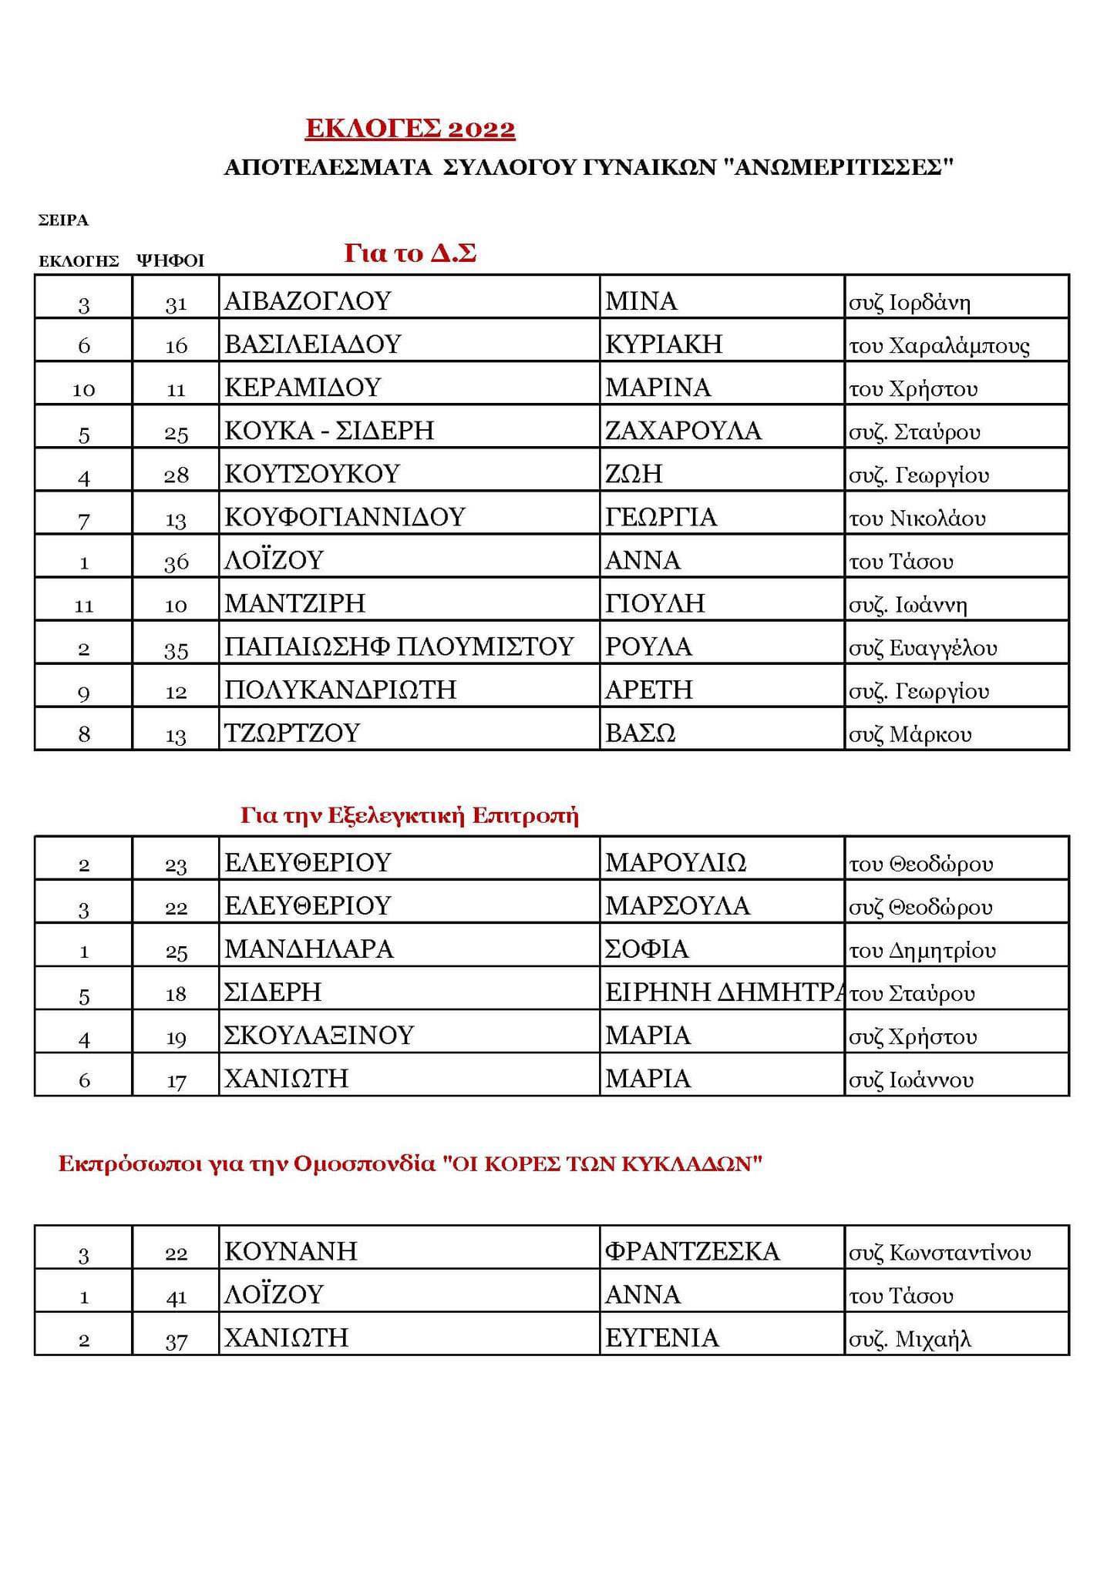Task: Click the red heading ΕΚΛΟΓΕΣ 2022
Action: point(410,129)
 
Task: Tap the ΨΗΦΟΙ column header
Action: point(170,260)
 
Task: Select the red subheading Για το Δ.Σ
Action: point(409,253)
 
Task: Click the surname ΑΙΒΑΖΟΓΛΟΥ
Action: point(308,300)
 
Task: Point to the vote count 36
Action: point(176,562)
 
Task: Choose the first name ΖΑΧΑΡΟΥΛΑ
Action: point(683,430)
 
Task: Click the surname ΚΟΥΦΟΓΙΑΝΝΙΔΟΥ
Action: point(345,516)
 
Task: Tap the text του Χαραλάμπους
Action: point(939,345)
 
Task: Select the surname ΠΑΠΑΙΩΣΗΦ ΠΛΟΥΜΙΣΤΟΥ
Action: point(399,646)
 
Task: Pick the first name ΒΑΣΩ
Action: point(640,732)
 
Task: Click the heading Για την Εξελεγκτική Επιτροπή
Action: point(409,816)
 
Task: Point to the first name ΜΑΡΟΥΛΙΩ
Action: point(675,862)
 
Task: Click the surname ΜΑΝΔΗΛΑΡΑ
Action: point(308,948)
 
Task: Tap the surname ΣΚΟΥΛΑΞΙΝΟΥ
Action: point(319,1035)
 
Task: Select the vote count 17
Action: point(176,1080)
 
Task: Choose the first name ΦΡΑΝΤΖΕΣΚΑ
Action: point(692,1251)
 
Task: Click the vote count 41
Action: point(176,1295)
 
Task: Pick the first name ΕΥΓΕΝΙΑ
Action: point(661,1338)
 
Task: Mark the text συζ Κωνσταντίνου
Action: point(939,1253)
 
